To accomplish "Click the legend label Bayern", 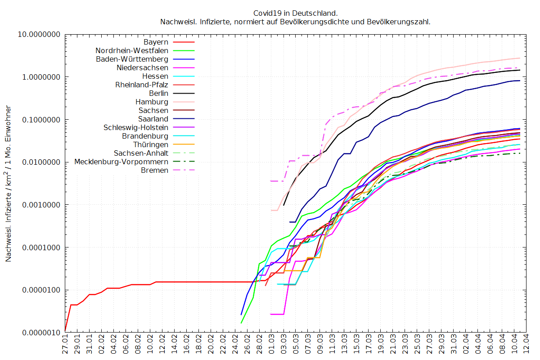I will pyautogui.click(x=156, y=42).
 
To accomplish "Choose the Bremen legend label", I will pyautogui.click(x=155, y=170).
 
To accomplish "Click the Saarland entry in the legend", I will pyautogui.click(x=153, y=119).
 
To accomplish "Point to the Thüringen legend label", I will pyautogui.click(x=151, y=144).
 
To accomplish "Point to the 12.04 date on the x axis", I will pyautogui.click(x=524, y=347).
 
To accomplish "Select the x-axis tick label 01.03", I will pyautogui.click(x=271, y=347).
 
